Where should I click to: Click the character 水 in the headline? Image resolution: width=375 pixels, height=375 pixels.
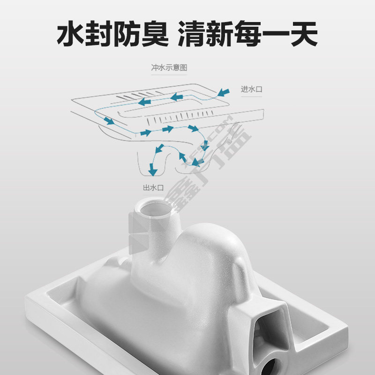point(71,33)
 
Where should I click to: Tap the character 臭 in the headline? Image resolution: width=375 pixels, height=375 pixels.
point(155,33)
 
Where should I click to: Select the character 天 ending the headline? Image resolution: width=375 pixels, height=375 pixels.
point(304,33)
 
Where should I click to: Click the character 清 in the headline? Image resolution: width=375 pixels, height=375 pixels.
point(191,33)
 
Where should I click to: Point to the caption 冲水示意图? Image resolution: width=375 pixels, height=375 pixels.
point(169,67)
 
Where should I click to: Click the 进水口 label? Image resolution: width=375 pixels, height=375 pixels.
point(252,89)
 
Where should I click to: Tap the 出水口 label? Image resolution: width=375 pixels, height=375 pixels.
point(153,187)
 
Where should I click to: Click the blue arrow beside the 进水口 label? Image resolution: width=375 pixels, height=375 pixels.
point(224,92)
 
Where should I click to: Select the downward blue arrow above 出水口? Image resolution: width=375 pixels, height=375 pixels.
point(152,170)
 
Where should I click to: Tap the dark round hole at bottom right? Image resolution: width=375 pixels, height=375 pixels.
point(271,367)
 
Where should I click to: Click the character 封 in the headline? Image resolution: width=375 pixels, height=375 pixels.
point(99,33)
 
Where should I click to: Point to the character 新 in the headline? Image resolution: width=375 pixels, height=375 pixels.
point(219,33)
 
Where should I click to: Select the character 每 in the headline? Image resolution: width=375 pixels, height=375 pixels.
point(247,33)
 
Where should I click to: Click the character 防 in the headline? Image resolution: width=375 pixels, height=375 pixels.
point(127,33)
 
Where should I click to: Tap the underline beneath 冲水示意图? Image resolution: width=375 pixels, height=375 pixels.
point(169,75)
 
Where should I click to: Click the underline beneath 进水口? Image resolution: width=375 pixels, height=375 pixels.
point(252,97)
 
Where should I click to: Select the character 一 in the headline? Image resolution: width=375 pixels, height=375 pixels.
point(276,33)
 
